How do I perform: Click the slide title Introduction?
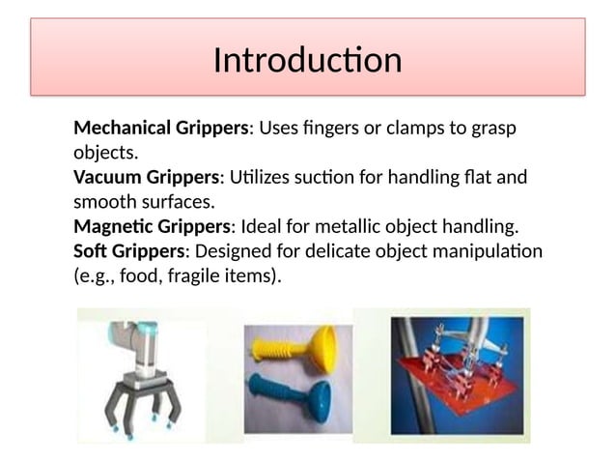click(307, 60)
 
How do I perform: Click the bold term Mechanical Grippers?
click(161, 128)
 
